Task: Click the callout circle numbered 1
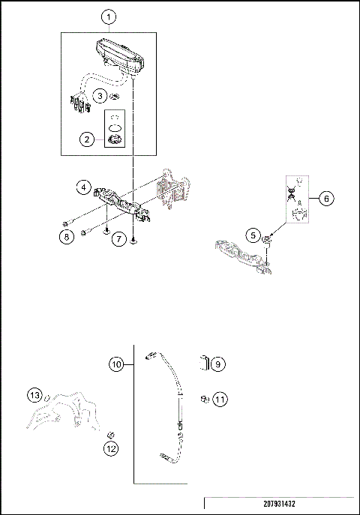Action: click(109, 16)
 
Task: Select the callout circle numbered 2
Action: click(87, 139)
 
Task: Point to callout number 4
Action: click(85, 186)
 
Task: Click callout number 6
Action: click(326, 199)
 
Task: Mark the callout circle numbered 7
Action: click(118, 239)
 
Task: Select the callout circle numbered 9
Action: click(218, 364)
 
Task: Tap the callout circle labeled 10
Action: click(116, 364)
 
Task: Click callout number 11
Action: click(218, 400)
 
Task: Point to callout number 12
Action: click(111, 450)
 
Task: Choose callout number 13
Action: click(34, 395)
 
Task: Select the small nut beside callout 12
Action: click(111, 435)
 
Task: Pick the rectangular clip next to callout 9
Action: click(203, 363)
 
